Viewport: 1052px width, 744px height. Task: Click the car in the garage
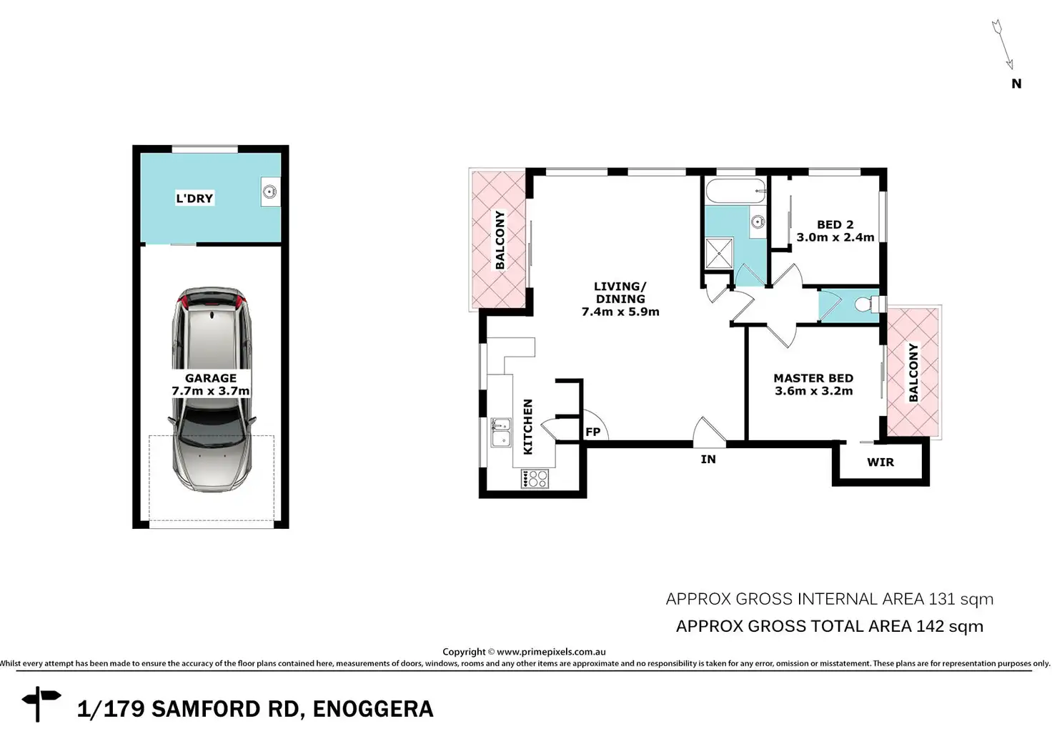(212, 390)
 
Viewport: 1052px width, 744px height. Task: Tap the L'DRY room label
(194, 198)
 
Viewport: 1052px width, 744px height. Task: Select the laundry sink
(269, 192)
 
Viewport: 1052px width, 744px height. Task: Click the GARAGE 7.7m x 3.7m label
(210, 385)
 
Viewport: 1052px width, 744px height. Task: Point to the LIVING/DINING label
(620, 292)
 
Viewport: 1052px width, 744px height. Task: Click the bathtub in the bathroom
(735, 191)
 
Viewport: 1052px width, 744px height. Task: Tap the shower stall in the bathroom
(719, 253)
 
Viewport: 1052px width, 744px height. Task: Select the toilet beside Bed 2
(867, 304)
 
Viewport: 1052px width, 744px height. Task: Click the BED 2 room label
(835, 224)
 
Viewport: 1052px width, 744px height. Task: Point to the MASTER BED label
(813, 378)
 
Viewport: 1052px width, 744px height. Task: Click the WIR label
(880, 462)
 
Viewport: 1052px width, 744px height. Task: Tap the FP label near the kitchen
(592, 432)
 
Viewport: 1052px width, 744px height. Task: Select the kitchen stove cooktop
(535, 479)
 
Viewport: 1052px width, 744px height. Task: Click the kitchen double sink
(501, 432)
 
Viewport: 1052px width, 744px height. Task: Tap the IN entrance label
(708, 460)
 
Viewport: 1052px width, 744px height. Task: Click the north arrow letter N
(1016, 84)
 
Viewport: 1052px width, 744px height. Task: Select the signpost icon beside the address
(41, 703)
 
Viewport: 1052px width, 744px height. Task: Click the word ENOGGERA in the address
(373, 709)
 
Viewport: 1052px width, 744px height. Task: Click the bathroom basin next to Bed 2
(757, 222)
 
